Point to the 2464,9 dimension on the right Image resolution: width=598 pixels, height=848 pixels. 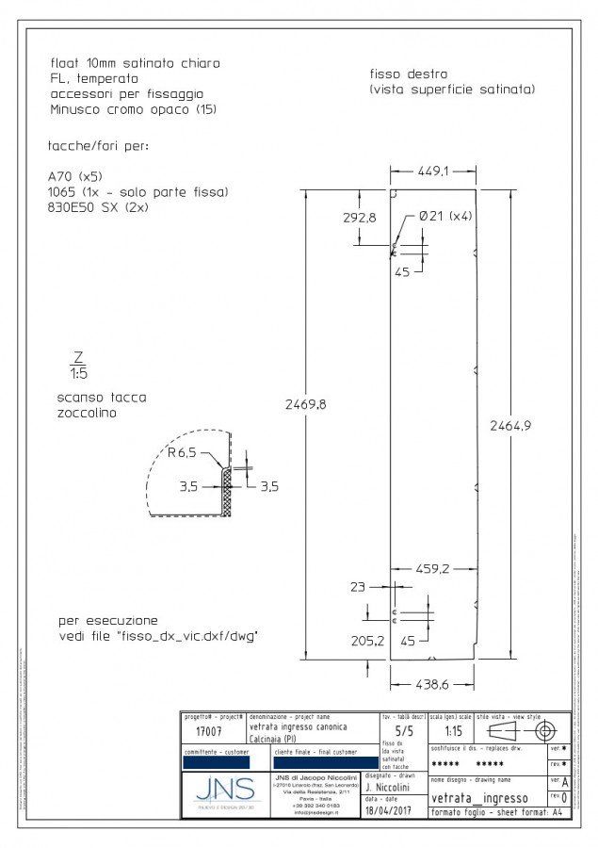click(510, 425)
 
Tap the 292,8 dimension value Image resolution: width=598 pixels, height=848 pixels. click(360, 217)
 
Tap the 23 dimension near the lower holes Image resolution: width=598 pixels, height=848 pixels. click(357, 587)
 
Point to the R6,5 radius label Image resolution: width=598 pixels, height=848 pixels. click(184, 452)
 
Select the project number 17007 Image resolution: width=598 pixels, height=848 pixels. click(197, 731)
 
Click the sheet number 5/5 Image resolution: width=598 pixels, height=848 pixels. click(403, 730)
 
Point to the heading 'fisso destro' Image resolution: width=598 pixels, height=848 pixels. click(409, 73)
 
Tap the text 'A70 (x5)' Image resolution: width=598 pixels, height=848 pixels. click(75, 176)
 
